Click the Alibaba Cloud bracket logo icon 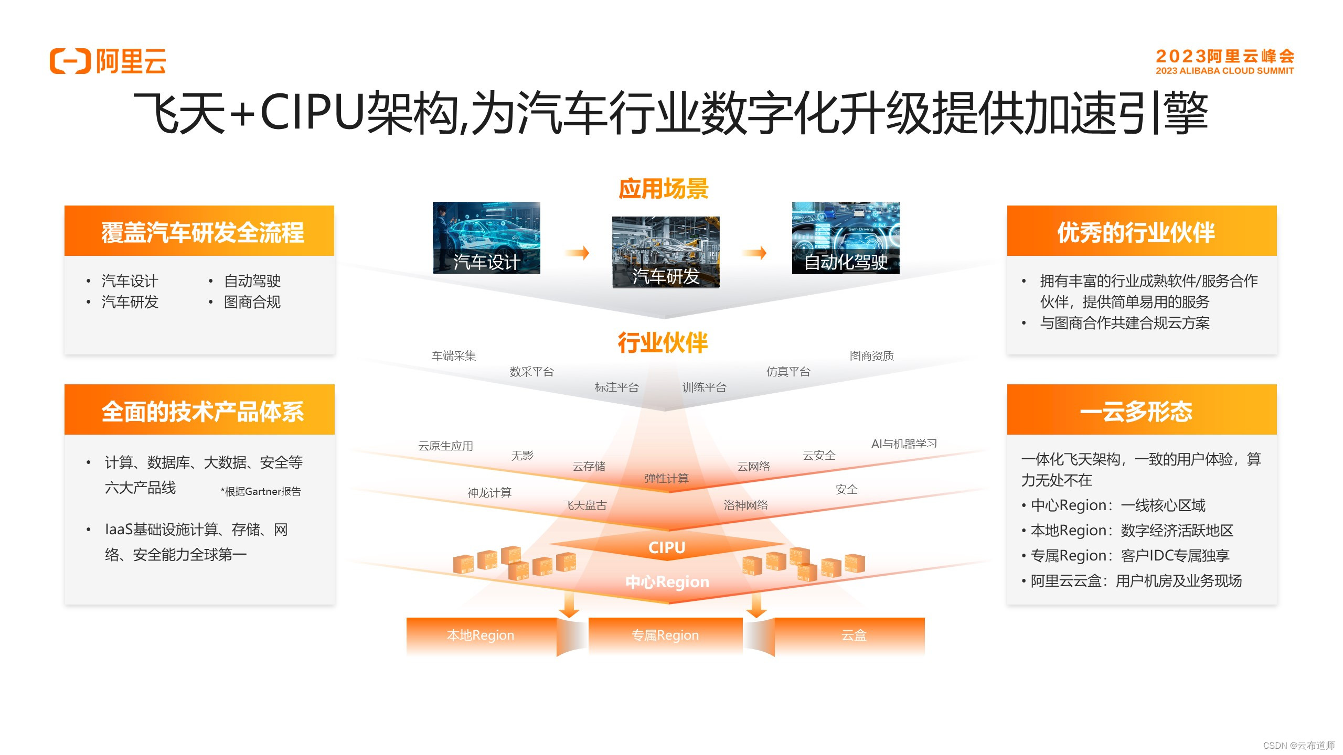pos(70,61)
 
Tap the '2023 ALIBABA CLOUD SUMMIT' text pos(1224,71)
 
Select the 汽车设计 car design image pos(486,238)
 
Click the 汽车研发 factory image pos(666,252)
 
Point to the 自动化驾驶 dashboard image pos(846,238)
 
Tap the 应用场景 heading pos(664,189)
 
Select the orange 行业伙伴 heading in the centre pos(663,343)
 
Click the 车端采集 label pos(454,356)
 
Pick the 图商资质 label pos(871,356)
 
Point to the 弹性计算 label pos(666,478)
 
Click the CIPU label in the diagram pos(667,547)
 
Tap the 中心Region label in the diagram pos(667,582)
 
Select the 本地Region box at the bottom pos(481,635)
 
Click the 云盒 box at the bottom pos(854,635)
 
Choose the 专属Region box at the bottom pos(665,635)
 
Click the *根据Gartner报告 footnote pos(261,491)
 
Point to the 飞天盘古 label pos(584,505)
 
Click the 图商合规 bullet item pos(252,302)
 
